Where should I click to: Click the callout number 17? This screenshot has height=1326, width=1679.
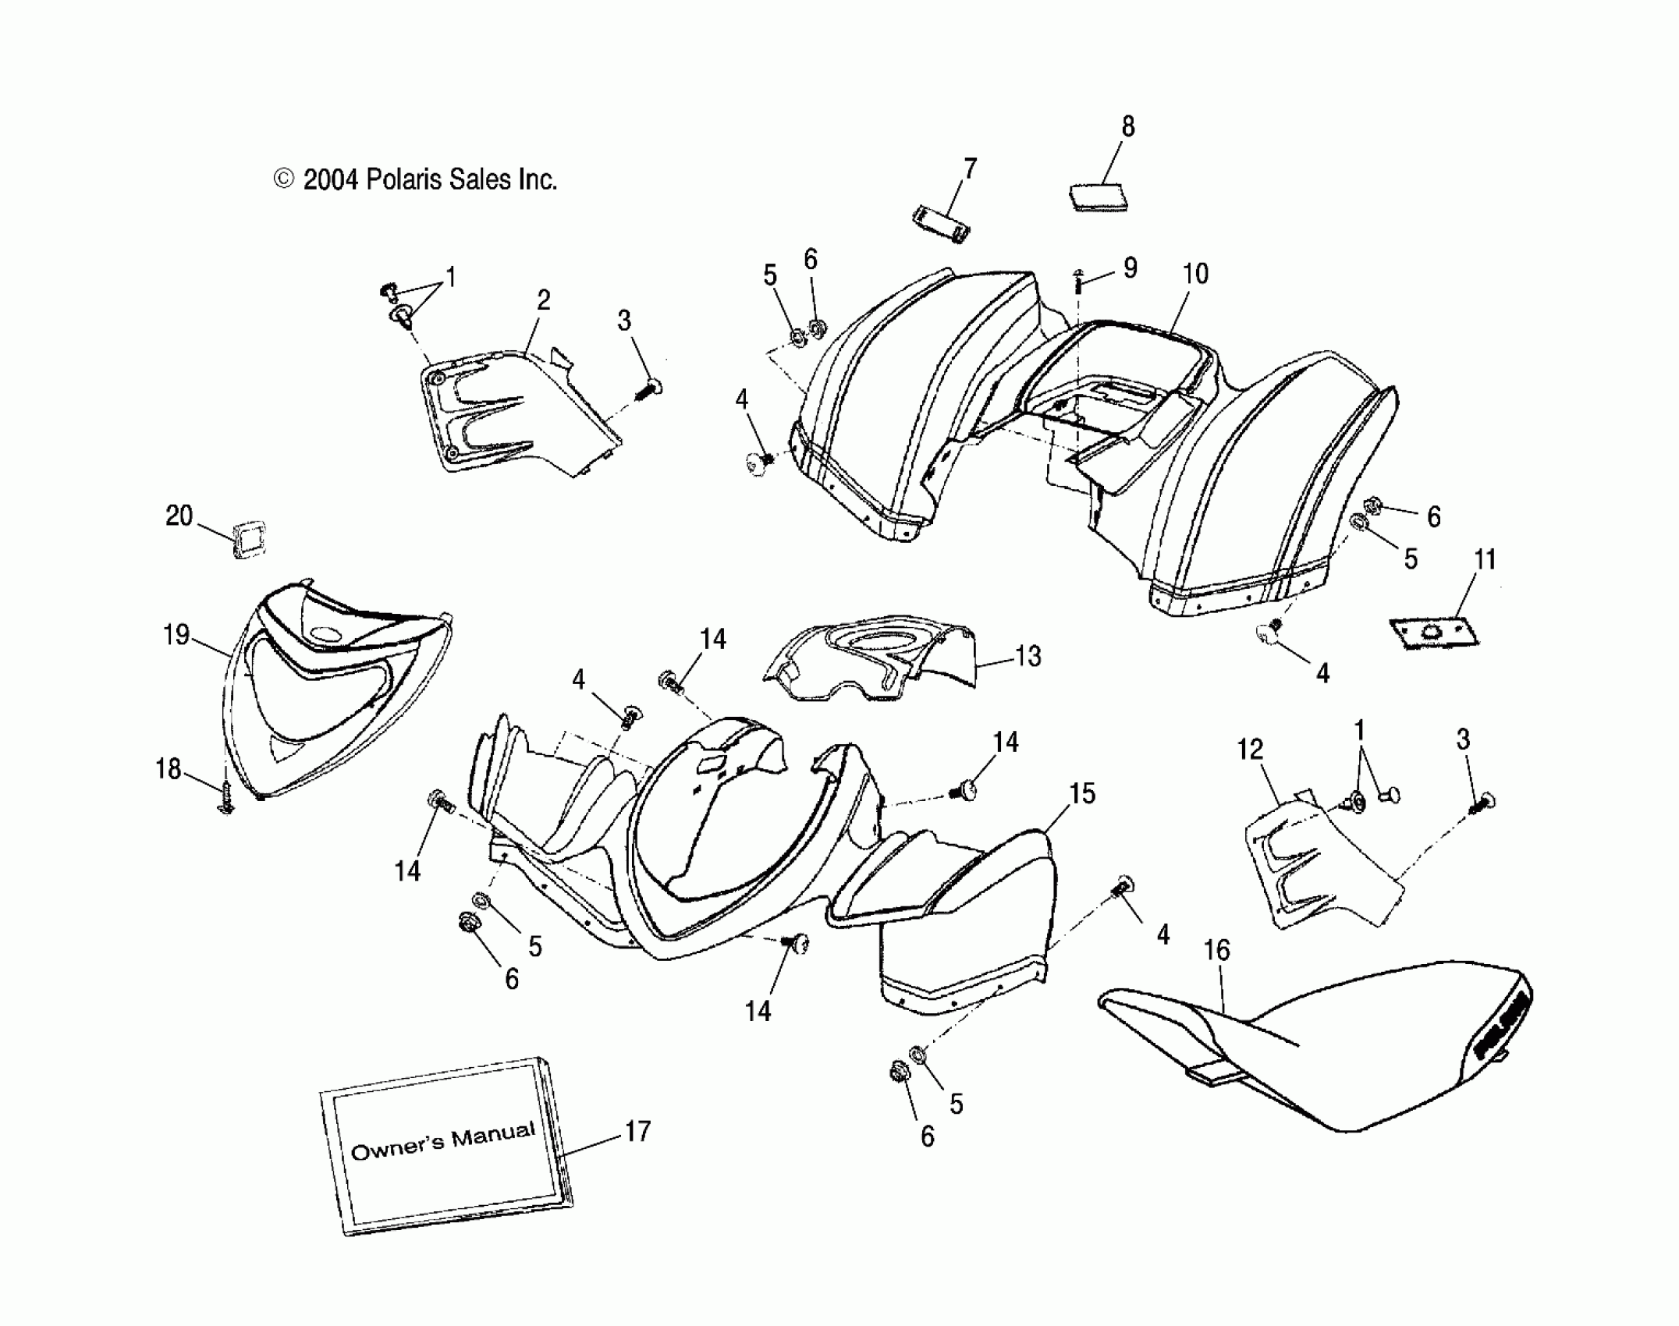[637, 1131]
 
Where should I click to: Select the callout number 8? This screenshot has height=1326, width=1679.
[1127, 127]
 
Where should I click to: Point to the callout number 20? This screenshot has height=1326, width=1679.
[179, 516]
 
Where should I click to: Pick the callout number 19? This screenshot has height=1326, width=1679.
[176, 634]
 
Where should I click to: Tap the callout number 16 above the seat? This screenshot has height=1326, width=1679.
[1217, 950]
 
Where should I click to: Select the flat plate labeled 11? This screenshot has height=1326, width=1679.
[1434, 633]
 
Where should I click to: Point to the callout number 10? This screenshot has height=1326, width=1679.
[1195, 274]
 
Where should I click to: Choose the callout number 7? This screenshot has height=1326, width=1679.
[970, 168]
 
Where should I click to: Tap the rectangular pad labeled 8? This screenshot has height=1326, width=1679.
[1099, 197]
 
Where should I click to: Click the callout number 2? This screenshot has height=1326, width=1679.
[544, 300]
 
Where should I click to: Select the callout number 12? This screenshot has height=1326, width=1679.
[1250, 750]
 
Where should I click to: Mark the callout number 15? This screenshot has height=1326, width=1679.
[1082, 794]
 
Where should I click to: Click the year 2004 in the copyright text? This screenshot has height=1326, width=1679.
[330, 180]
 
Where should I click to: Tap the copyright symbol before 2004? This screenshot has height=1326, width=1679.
[283, 179]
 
